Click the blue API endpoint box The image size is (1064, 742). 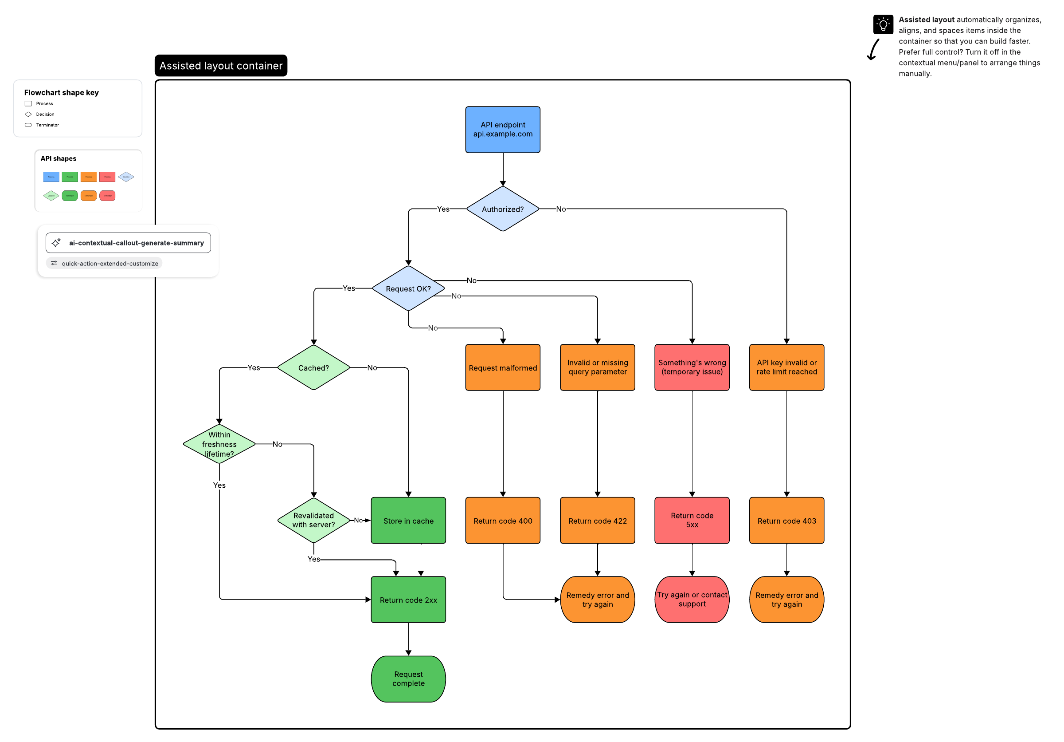click(x=502, y=130)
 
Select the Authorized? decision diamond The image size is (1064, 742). click(x=502, y=209)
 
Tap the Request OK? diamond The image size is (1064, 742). click(x=408, y=288)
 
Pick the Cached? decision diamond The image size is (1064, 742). click(x=313, y=368)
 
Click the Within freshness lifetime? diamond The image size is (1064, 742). click(x=219, y=444)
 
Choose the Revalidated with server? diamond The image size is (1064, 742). click(x=313, y=520)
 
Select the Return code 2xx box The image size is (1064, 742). click(x=408, y=600)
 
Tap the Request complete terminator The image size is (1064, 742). click(x=408, y=679)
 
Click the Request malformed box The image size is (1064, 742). click(x=502, y=368)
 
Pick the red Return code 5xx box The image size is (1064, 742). click(x=692, y=520)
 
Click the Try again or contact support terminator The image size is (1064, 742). click(x=692, y=599)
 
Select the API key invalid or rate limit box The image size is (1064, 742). click(x=786, y=367)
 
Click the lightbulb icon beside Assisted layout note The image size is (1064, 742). click(x=883, y=24)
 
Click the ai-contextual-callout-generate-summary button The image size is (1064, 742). click(x=129, y=243)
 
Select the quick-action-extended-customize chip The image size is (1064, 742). click(x=104, y=264)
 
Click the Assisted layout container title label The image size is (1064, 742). click(x=221, y=66)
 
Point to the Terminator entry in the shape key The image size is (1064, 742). click(x=47, y=125)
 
